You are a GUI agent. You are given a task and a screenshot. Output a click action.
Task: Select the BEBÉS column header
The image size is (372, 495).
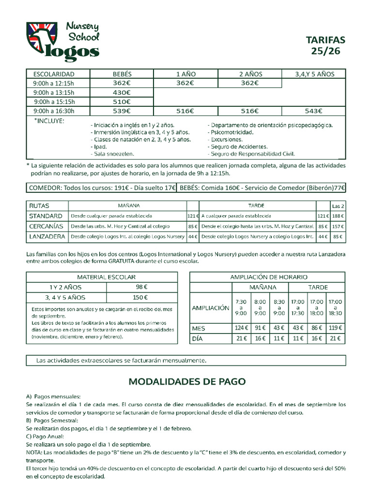pyautogui.click(x=122, y=74)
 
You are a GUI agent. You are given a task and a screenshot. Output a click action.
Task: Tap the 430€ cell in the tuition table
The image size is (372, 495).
pyautogui.click(x=122, y=92)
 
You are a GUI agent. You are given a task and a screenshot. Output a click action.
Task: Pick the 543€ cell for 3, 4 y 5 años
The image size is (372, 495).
pyautogui.click(x=313, y=111)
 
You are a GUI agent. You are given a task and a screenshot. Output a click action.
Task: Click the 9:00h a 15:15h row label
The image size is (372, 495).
pyautogui.click(x=54, y=102)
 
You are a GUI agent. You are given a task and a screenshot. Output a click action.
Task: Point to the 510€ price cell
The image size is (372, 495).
pyautogui.click(x=122, y=102)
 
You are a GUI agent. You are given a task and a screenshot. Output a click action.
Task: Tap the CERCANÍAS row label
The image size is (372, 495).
pyautogui.click(x=46, y=226)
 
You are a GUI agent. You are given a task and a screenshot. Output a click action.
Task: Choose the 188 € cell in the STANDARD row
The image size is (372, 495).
pyautogui.click(x=338, y=216)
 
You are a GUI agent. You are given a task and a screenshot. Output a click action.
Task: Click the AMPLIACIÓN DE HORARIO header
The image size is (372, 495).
pyautogui.click(x=267, y=277)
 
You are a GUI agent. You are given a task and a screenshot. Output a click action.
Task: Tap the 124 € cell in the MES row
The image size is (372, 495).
pyautogui.click(x=241, y=328)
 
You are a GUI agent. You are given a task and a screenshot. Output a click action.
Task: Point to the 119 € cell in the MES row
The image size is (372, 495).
pyautogui.click(x=335, y=328)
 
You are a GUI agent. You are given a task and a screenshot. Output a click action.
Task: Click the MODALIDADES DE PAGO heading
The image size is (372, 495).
pyautogui.click(x=187, y=381)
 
